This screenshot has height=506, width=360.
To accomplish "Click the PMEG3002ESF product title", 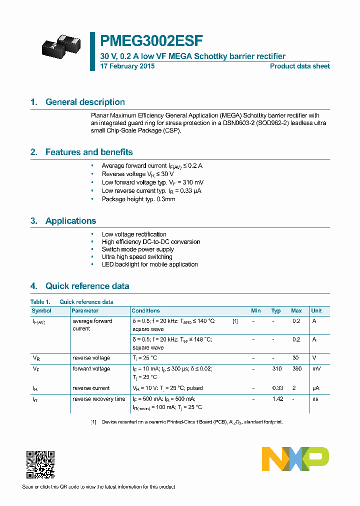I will (151, 40).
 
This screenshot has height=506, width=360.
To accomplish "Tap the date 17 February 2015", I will (127, 66).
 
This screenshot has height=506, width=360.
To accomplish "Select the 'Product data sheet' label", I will (299, 66).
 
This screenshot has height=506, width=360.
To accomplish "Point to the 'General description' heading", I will (85, 102).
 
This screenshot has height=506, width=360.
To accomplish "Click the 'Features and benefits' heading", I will (89, 152).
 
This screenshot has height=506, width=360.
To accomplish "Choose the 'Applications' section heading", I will (70, 221).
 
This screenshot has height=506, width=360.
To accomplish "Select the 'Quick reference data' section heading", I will (87, 286).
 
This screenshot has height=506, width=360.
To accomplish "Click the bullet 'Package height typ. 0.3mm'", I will (138, 199).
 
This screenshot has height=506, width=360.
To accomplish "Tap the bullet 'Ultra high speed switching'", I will (137, 257).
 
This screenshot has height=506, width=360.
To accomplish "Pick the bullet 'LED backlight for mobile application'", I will (149, 264).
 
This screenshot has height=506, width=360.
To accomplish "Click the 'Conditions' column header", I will (146, 310).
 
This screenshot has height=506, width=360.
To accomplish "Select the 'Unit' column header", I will (316, 310).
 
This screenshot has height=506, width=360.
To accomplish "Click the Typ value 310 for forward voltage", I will (276, 369).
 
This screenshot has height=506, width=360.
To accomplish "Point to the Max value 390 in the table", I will (296, 369).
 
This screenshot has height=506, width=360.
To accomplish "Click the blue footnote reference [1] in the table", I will (235, 321).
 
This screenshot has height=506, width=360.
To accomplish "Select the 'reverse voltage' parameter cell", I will (91, 358).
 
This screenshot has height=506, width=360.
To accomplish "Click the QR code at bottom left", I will (40, 464).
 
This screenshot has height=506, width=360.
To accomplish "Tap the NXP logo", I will (295, 459).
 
